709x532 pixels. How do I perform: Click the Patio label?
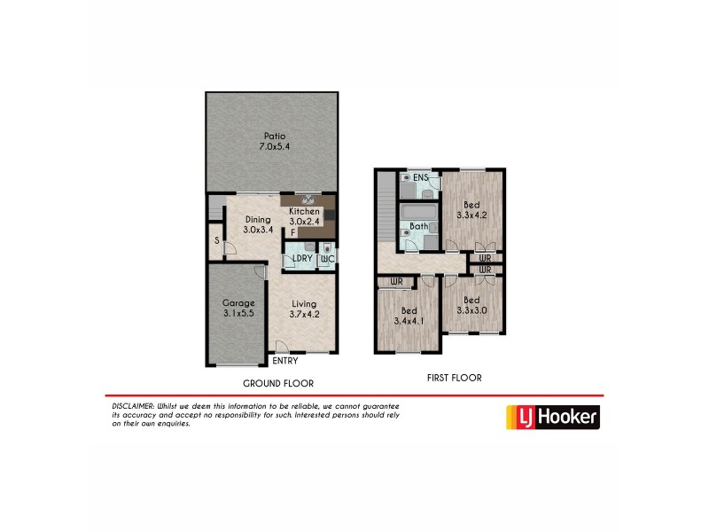272,136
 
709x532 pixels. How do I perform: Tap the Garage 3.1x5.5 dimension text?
238,314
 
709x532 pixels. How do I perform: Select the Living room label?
303,303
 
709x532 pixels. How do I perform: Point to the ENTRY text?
284,361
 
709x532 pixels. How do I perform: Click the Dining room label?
258,220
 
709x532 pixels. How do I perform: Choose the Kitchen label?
304,212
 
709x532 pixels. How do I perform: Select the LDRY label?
300,259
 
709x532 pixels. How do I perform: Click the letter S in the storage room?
216,240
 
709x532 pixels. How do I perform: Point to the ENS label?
421,177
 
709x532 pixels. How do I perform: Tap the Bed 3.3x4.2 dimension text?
471,214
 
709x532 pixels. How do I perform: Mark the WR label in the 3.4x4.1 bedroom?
396,282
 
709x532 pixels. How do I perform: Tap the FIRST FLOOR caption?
455,378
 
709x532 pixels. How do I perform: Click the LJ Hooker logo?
551,417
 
